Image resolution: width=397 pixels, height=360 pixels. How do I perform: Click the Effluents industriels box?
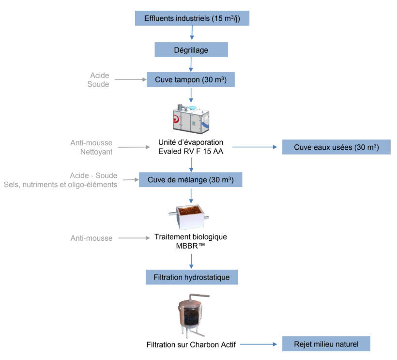tap(192, 18)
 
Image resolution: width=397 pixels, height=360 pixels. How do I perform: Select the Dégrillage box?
tap(191, 49)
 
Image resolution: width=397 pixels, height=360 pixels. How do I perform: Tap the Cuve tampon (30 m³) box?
tap(191, 79)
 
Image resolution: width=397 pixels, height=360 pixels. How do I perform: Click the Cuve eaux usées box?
tap(336, 147)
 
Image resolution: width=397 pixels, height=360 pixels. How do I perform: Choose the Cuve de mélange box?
tap(190, 180)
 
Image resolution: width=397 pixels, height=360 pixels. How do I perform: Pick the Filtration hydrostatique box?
tap(191, 277)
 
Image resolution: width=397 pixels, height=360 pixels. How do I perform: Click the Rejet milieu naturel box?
tap(326, 344)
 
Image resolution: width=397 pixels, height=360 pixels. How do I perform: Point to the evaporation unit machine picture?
tap(191, 119)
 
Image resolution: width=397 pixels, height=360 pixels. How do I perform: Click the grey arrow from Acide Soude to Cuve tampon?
tap(131, 79)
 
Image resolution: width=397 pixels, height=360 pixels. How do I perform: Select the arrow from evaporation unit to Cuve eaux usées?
tap(255, 147)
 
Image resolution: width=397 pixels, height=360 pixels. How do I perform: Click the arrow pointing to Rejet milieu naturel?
tap(259, 344)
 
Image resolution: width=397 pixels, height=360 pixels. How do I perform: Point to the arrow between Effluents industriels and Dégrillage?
tap(192, 32)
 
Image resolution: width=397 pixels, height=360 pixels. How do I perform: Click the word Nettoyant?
tap(96, 152)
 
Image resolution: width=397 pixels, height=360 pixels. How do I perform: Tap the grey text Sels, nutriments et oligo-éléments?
tap(61, 185)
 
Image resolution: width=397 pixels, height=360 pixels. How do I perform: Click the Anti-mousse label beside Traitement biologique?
tap(92, 238)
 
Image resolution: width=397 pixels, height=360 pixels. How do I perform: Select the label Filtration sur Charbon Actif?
tap(191, 344)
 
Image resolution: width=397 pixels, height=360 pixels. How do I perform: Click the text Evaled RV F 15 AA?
tap(191, 151)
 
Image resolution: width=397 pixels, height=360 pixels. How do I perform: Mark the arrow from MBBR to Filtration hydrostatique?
tap(191, 261)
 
